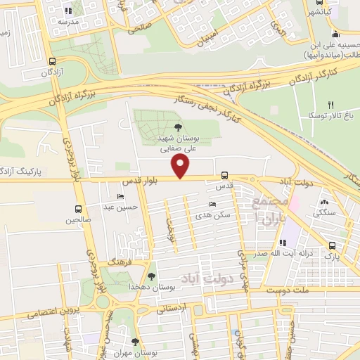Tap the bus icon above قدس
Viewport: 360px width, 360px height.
(224, 175)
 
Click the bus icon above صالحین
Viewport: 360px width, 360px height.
(77, 209)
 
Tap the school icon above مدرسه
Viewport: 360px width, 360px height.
(68, 11)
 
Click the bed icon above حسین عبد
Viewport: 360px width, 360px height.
(122, 196)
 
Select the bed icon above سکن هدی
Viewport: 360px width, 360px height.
(214, 204)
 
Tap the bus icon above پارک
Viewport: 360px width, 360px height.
(332, 245)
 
